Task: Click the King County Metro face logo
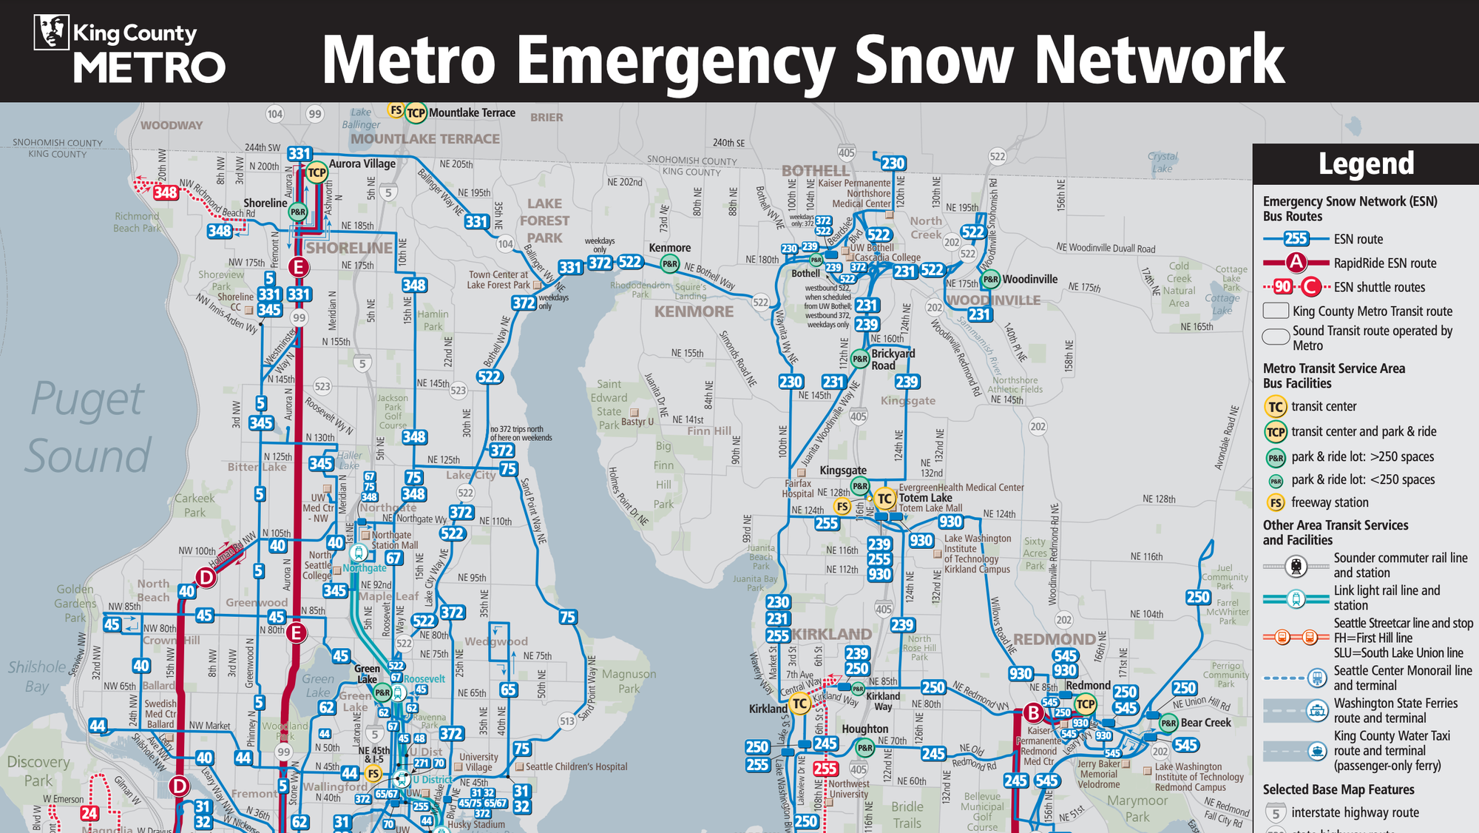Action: tap(51, 33)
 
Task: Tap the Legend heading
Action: tap(1366, 163)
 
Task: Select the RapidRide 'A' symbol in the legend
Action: tap(1296, 263)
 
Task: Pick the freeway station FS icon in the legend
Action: tap(1276, 503)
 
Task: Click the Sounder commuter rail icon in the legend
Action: tap(1296, 566)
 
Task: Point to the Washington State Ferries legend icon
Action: tap(1316, 711)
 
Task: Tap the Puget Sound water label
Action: tap(88, 427)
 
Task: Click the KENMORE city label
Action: tap(694, 311)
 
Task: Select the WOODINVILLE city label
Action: tap(993, 300)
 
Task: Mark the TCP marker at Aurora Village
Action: tap(317, 172)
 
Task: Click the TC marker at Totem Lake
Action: tap(884, 499)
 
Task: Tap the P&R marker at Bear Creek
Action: tap(1168, 723)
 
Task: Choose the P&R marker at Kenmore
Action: tap(669, 263)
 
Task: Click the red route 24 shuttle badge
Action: tap(89, 813)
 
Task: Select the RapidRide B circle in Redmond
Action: tap(1033, 713)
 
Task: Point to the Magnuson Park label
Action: tap(629, 681)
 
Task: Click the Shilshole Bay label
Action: tap(37, 676)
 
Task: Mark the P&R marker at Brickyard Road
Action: tap(859, 359)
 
